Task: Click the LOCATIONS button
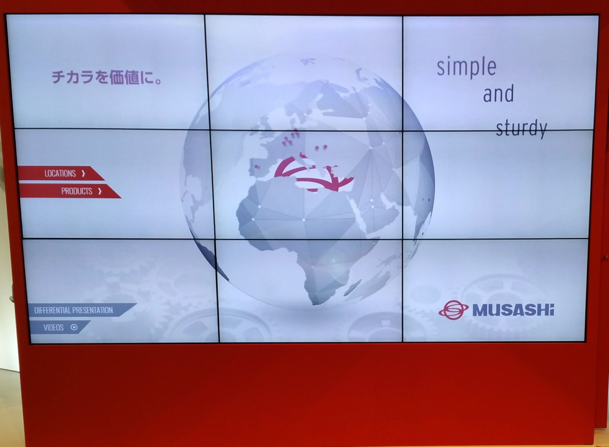pos(61,174)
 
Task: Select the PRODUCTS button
pos(70,191)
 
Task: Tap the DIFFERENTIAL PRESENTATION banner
pos(82,310)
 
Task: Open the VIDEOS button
pos(59,327)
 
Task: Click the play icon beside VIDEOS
pos(74,327)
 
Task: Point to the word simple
pos(466,67)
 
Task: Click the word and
pos(498,93)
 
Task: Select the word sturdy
pos(521,129)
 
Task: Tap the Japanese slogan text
pos(107,77)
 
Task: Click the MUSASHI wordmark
pos(513,310)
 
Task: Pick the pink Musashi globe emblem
pos(453,310)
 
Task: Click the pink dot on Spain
pos(256,166)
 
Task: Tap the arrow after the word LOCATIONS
pos(83,174)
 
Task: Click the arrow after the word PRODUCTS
pos(100,191)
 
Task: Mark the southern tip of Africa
pos(315,304)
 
